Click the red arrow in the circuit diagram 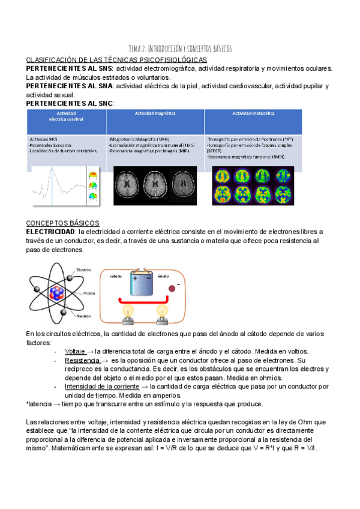point(144,302)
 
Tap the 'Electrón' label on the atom point(84,270)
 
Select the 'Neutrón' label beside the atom point(83,315)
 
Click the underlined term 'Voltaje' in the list point(74,351)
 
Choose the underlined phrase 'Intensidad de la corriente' point(101,387)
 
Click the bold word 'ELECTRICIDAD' point(50,232)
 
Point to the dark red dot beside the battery point(172,289)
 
